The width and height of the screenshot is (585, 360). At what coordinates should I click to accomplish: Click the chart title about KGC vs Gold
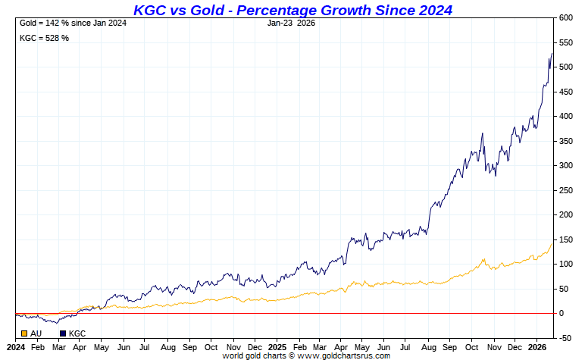(292, 10)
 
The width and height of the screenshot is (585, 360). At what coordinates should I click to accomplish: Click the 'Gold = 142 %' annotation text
(72, 23)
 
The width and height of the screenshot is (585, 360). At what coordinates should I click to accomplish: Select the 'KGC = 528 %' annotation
(44, 38)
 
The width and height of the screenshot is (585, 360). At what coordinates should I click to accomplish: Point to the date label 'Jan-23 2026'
(292, 23)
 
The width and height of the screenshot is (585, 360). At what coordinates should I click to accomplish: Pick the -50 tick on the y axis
(565, 338)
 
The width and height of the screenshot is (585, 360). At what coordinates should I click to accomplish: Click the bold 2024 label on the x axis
(16, 346)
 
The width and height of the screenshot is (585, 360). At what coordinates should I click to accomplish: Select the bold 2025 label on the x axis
(277, 346)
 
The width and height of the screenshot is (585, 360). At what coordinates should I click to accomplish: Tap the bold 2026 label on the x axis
(537, 346)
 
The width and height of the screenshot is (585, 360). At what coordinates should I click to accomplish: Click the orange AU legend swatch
(24, 333)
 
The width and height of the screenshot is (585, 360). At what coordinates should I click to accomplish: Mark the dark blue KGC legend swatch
(63, 333)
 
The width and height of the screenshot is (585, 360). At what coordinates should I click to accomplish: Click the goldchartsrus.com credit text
(306, 355)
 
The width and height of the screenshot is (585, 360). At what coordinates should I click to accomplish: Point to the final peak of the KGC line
(552, 53)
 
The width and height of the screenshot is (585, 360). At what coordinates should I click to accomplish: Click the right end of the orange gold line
(552, 243)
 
